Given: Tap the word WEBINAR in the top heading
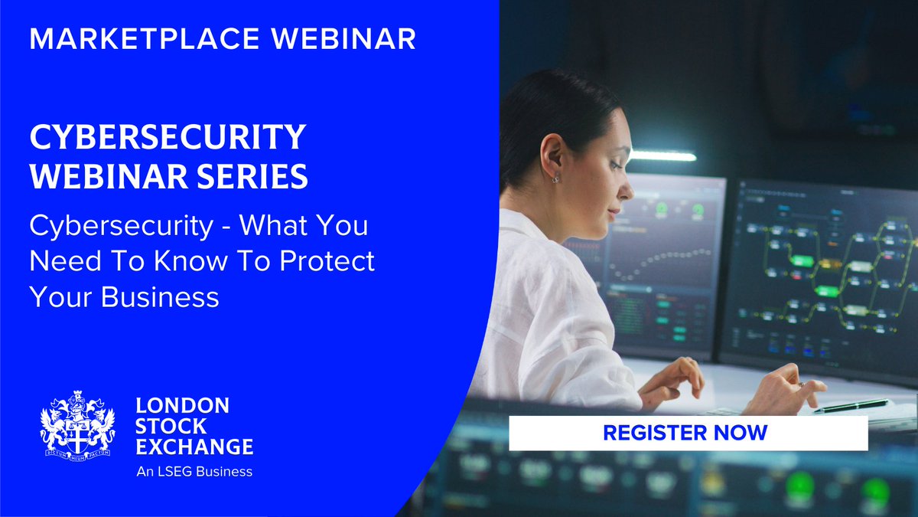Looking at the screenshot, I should pyautogui.click(x=349, y=38).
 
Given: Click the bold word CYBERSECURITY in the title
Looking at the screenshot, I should pyautogui.click(x=168, y=139).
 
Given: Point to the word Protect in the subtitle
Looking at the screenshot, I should pyautogui.click(x=327, y=261).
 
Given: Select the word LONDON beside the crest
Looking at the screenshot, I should pyautogui.click(x=181, y=406).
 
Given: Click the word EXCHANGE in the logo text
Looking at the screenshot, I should pyautogui.click(x=194, y=446).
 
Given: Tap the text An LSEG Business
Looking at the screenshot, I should pyautogui.click(x=194, y=471).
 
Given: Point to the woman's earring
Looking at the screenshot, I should pyautogui.click(x=555, y=178).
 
